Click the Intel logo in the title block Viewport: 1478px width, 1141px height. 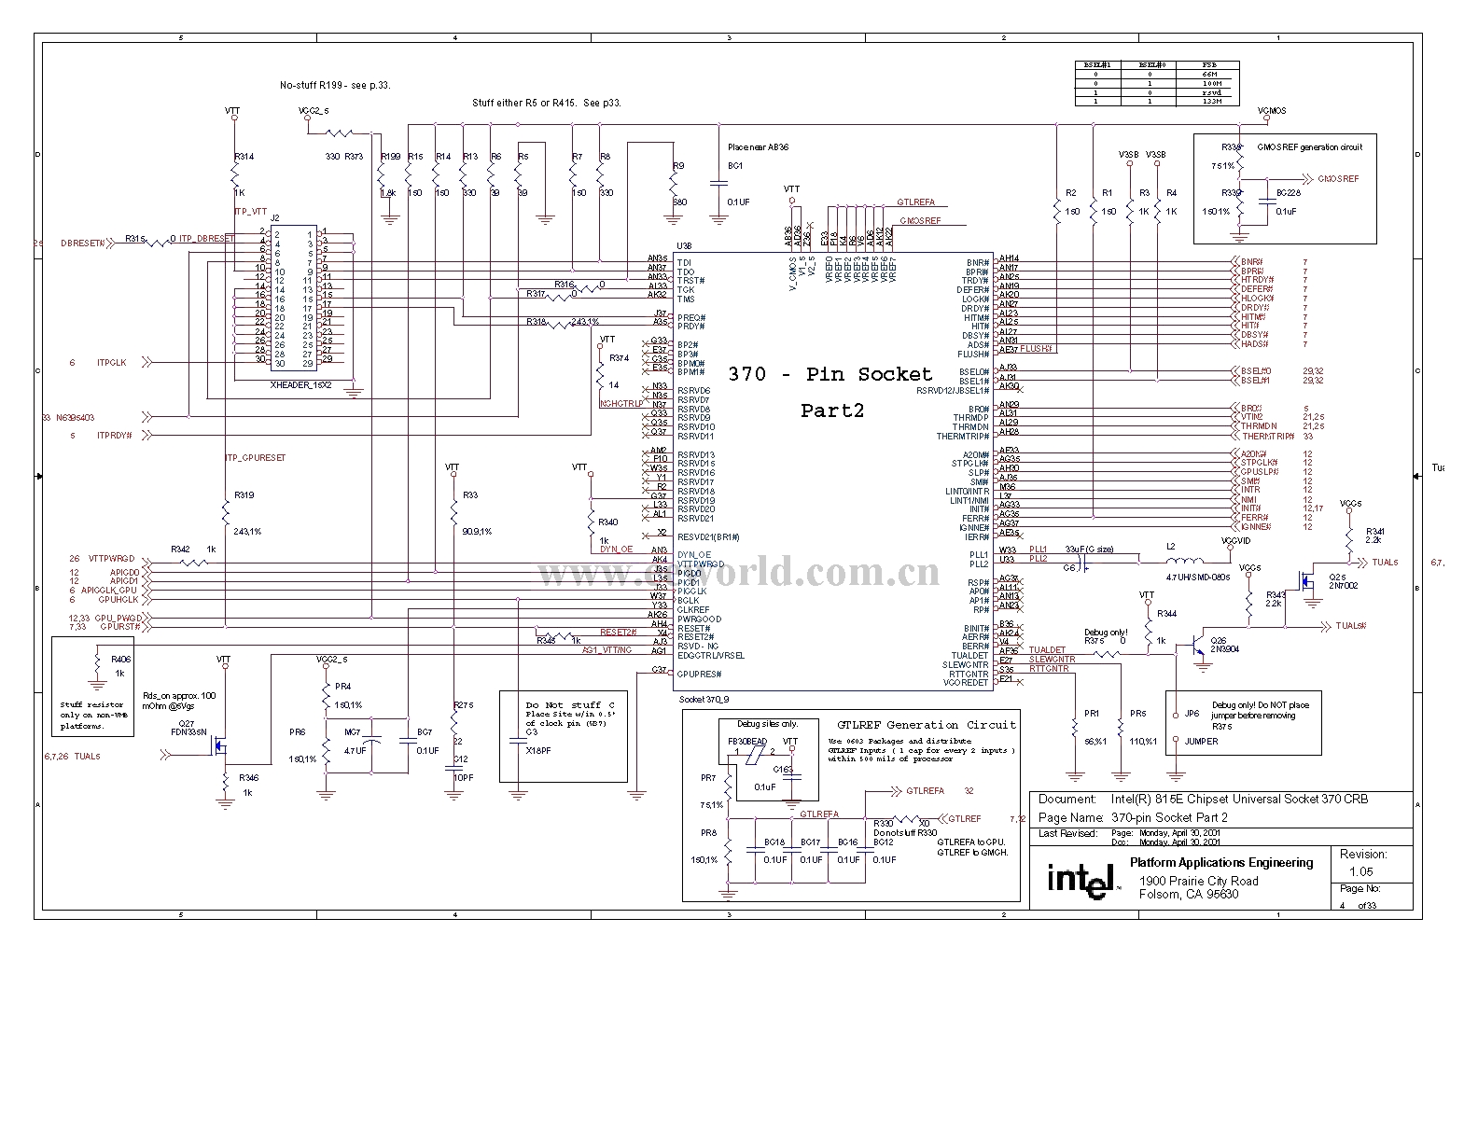tap(1081, 879)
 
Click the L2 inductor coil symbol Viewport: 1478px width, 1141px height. tap(1184, 562)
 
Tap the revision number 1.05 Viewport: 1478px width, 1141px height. tap(1360, 871)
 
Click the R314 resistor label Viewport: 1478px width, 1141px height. tap(243, 157)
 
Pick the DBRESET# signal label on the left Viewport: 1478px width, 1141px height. tap(82, 243)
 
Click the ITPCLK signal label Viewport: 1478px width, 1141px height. tap(111, 362)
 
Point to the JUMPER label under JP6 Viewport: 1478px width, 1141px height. tap(1201, 742)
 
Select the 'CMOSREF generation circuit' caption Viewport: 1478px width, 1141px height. tap(1309, 147)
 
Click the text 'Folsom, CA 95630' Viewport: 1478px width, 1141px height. tap(1189, 894)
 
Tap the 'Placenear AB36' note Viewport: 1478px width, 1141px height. tap(758, 146)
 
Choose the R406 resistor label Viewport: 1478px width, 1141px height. tap(120, 660)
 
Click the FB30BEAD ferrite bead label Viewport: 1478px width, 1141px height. tap(746, 741)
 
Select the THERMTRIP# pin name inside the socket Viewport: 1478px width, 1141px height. tap(962, 437)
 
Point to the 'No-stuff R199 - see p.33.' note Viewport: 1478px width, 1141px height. tap(335, 85)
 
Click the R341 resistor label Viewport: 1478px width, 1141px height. tap(1374, 531)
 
